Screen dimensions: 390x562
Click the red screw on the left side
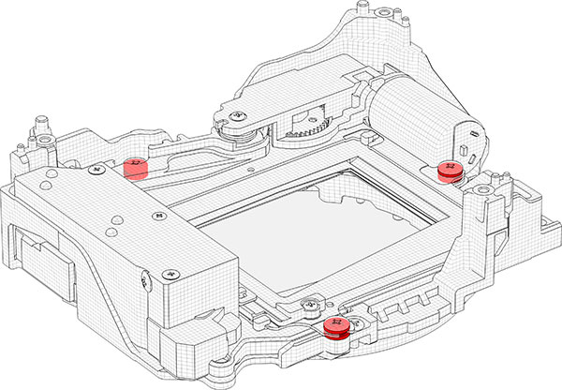tap(136, 167)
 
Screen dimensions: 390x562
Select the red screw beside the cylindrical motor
tap(450, 170)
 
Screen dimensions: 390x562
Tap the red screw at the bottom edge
tap(335, 325)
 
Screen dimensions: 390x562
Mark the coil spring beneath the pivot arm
tap(245, 137)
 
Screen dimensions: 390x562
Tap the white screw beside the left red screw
tap(94, 172)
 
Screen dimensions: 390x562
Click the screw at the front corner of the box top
tap(170, 274)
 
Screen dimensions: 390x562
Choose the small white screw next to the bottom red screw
tap(309, 306)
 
